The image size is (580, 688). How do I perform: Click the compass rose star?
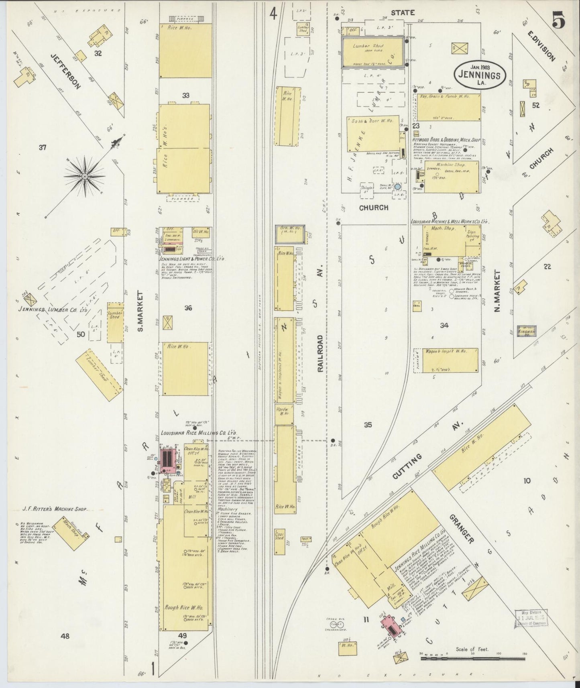pos(85,175)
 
